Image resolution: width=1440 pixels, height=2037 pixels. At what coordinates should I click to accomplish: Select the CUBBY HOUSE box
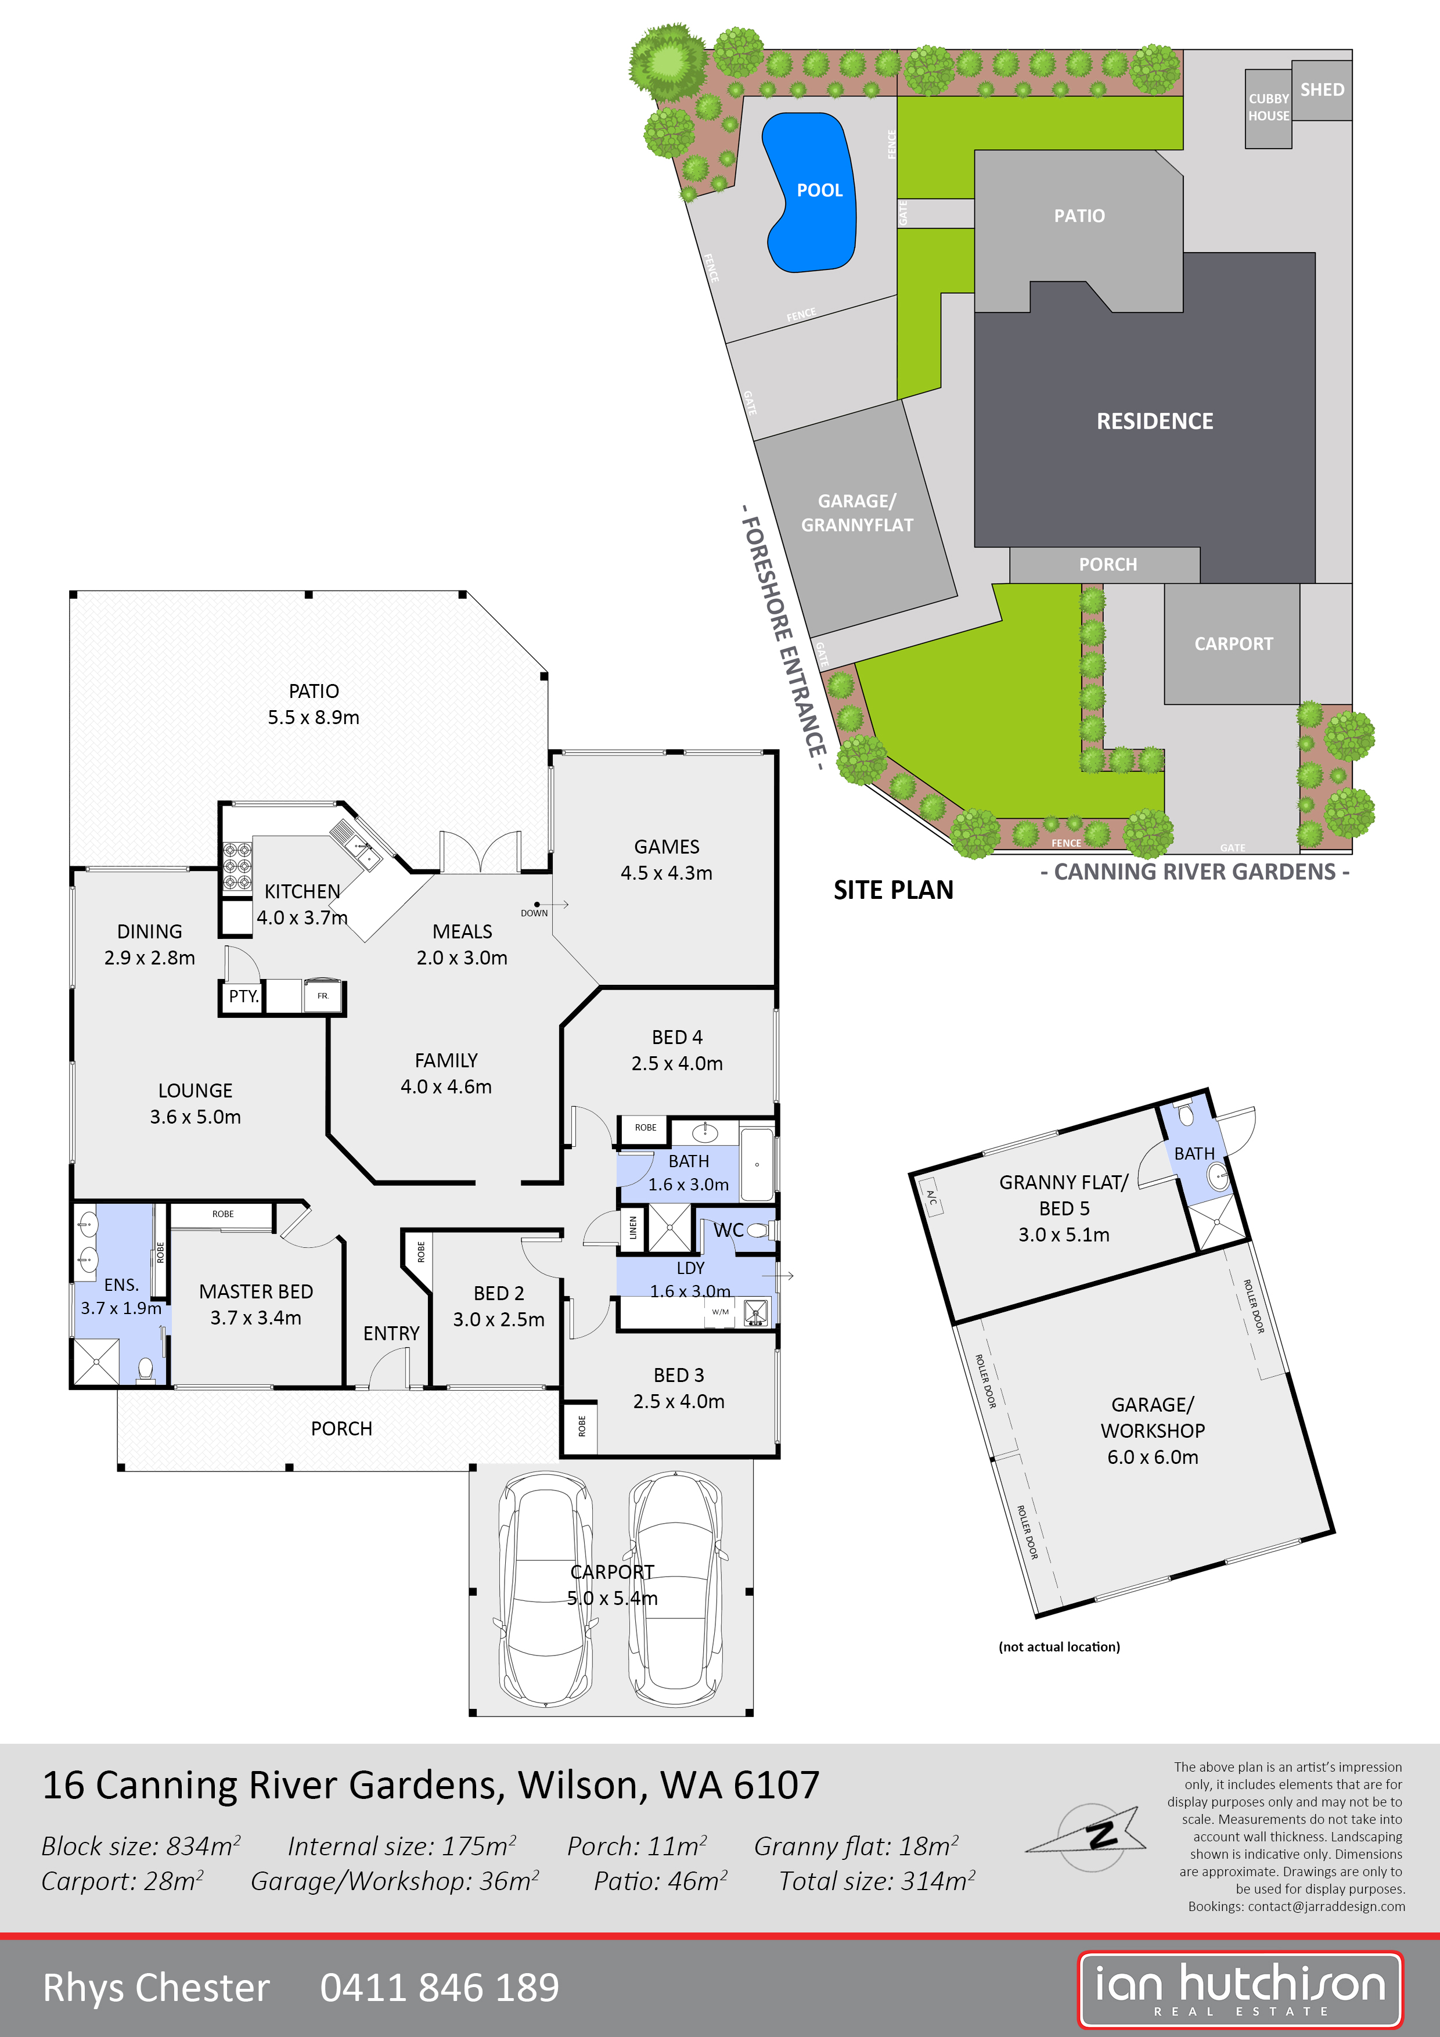click(1268, 107)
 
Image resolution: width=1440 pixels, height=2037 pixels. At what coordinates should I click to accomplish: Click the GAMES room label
click(667, 847)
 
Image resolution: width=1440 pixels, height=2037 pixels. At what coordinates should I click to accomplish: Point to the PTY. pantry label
click(242, 996)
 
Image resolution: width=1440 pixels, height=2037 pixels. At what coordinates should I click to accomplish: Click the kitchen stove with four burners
click(237, 865)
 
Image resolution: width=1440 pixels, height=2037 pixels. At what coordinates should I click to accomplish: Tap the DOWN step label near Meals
click(534, 913)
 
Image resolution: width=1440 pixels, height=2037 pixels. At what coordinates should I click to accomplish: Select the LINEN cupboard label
click(632, 1228)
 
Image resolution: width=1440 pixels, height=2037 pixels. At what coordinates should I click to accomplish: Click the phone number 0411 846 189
click(439, 1987)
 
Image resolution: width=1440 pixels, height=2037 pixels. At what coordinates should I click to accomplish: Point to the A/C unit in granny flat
click(931, 1196)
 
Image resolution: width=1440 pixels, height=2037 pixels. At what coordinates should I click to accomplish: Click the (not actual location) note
click(1059, 1647)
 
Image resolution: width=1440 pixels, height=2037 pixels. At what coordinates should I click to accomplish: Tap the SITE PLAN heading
click(892, 890)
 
